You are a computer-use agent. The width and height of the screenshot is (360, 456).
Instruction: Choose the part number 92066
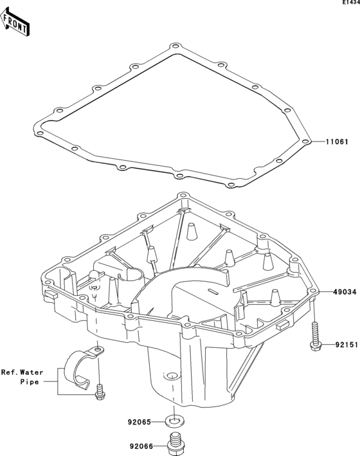point(139,444)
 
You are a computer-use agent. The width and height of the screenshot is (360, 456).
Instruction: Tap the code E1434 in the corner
point(350,3)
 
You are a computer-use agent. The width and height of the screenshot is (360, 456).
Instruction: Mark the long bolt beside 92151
point(315,334)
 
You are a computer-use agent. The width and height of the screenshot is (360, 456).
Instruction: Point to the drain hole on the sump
point(170,375)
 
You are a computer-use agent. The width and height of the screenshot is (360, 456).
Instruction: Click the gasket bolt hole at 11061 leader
point(307,141)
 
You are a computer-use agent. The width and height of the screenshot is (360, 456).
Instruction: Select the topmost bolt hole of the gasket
point(175,47)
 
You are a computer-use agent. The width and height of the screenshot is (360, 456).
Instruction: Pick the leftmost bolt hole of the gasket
point(40,133)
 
